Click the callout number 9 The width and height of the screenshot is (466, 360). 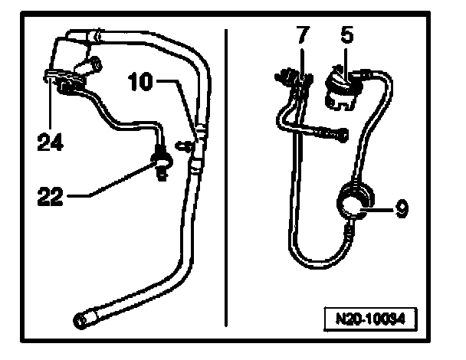402,206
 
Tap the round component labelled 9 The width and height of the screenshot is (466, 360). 354,203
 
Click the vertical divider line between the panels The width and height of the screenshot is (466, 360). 225,176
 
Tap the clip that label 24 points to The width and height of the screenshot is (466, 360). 54,77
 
